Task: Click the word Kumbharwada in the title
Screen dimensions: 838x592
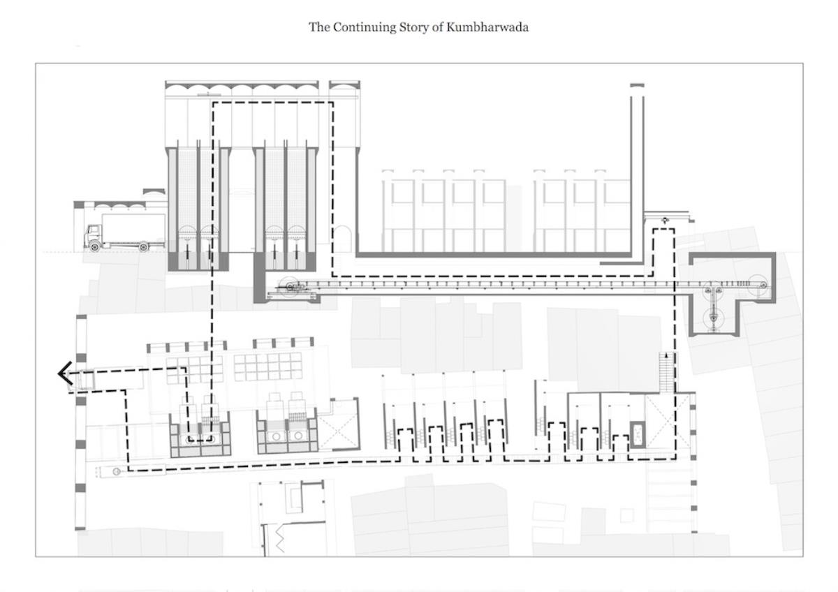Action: [487, 27]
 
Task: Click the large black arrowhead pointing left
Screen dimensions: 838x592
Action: [65, 373]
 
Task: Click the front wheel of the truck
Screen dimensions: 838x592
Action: [95, 246]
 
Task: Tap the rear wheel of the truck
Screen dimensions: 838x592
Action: [143, 246]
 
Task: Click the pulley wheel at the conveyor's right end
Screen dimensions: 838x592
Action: [763, 286]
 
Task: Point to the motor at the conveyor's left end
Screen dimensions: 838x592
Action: [292, 287]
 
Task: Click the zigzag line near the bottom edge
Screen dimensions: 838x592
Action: [280, 538]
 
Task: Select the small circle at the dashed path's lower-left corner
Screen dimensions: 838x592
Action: [117, 472]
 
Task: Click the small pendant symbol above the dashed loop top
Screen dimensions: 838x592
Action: [665, 221]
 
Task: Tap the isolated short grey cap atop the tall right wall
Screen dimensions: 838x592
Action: [637, 86]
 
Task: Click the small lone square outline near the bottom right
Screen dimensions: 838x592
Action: [627, 516]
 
